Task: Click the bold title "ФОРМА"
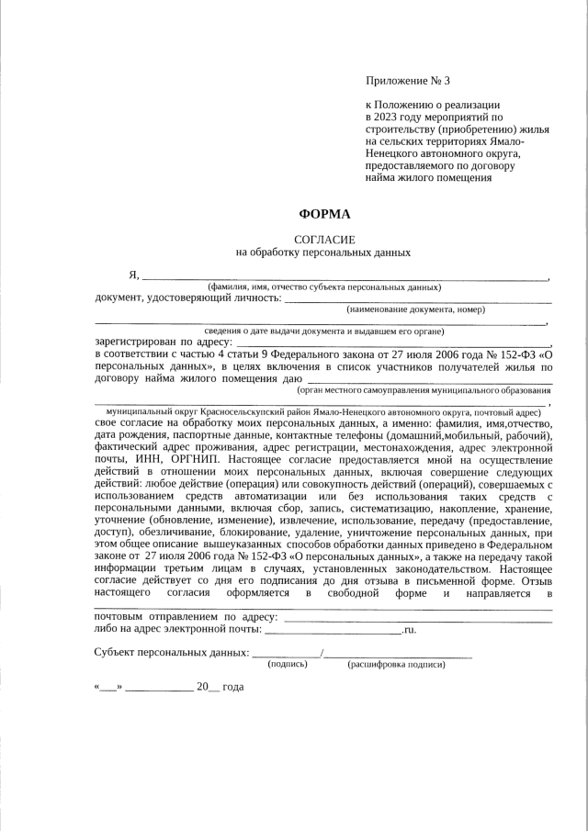pyautogui.click(x=324, y=214)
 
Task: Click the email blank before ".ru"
pyautogui.click(x=334, y=631)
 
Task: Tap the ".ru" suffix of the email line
pyautogui.click(x=410, y=631)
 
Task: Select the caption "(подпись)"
pyautogui.click(x=288, y=663)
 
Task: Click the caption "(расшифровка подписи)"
pyautogui.click(x=396, y=663)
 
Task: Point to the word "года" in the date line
pyautogui.click(x=232, y=687)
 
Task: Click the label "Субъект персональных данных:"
pyautogui.click(x=171, y=653)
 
